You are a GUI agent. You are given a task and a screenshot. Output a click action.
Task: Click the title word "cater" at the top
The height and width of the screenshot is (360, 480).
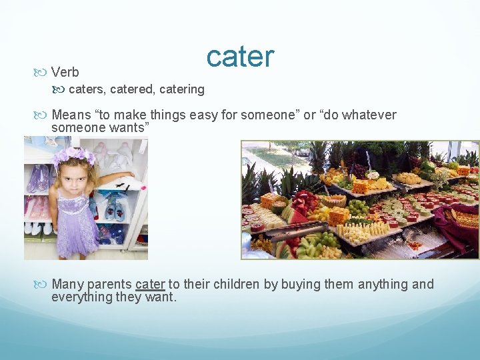pos(240,57)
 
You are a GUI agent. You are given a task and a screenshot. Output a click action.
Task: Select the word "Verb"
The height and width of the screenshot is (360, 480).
pos(65,73)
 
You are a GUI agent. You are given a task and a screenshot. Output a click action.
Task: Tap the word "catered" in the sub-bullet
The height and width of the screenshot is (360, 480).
pos(132,89)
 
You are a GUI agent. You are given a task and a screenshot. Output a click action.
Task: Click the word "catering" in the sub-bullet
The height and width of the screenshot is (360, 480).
pos(181,89)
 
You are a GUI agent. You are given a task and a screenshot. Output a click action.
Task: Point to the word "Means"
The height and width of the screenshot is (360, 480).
pos(71,115)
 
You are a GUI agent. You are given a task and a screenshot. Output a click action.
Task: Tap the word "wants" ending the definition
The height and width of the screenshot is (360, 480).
pos(127,127)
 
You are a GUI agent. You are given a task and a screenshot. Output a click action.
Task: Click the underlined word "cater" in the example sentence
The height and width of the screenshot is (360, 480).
pos(150,285)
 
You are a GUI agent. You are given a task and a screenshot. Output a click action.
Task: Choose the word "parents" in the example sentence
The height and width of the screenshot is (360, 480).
pos(109,285)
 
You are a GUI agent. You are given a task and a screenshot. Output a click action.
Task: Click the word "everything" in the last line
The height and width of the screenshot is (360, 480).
pos(83,297)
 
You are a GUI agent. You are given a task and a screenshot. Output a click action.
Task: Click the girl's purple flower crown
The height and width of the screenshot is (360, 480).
pos(74,157)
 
